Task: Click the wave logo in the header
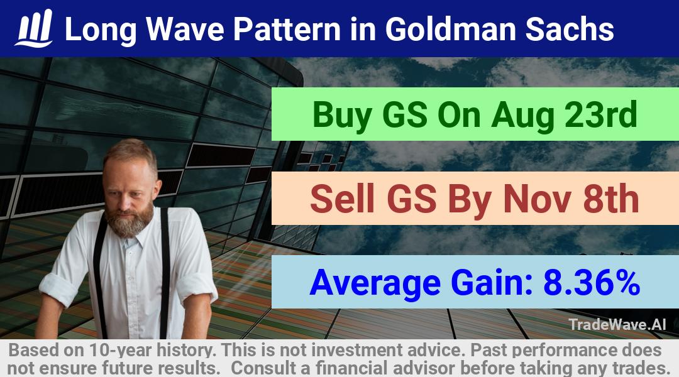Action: [x=34, y=28]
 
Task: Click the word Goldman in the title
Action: [x=450, y=29]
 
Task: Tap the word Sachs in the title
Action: [x=570, y=29]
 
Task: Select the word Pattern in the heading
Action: [x=287, y=29]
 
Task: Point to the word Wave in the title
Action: [x=185, y=29]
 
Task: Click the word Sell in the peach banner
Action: [x=342, y=199]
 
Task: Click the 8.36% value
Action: [x=592, y=281]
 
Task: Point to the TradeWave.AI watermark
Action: [x=617, y=324]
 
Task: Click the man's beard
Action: [x=130, y=221]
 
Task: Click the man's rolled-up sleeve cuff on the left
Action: [x=58, y=288]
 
